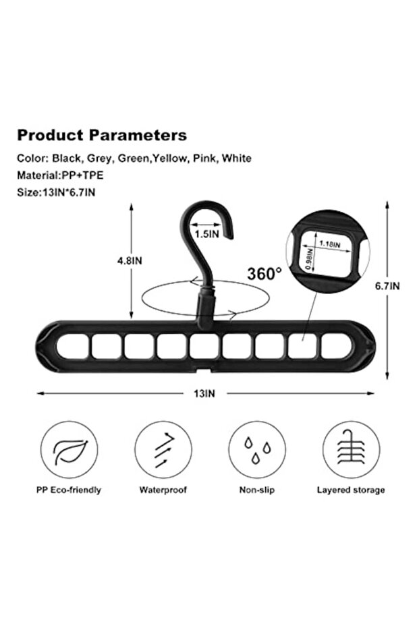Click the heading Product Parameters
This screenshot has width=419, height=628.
point(102,135)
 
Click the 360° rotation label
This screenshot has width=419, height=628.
point(264,274)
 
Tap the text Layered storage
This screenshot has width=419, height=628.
point(351,490)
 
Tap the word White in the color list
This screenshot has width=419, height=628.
point(237,159)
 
